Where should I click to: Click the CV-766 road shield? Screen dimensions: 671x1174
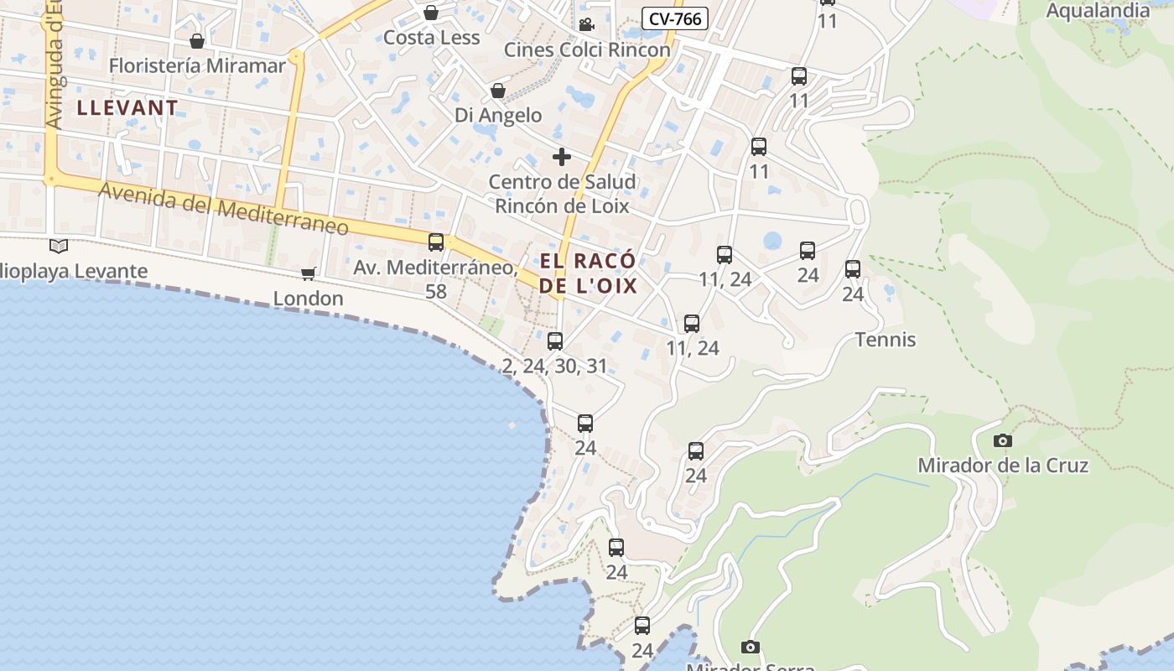(x=675, y=18)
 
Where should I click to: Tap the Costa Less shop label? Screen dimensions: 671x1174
(x=431, y=38)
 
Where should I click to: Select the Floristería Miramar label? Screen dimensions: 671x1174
(x=197, y=65)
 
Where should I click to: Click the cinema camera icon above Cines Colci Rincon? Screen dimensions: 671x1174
(x=586, y=24)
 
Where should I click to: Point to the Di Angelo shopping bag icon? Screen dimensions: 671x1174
(x=498, y=91)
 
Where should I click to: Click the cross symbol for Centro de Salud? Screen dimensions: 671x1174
(x=562, y=157)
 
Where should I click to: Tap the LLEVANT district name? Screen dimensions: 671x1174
(x=127, y=107)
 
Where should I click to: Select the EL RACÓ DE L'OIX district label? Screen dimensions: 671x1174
(x=588, y=273)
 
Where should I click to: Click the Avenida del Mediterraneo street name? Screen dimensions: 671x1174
(x=223, y=208)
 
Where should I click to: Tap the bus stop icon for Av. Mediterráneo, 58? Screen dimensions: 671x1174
(x=436, y=242)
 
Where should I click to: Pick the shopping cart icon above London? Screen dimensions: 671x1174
(x=309, y=273)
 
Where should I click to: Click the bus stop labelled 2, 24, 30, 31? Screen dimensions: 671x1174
(x=555, y=341)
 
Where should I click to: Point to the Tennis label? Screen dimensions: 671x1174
(x=886, y=340)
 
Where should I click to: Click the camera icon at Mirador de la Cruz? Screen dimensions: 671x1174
(x=1002, y=440)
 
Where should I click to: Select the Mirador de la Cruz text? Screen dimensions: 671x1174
(x=1003, y=466)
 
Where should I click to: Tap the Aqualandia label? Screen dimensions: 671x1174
(x=1099, y=11)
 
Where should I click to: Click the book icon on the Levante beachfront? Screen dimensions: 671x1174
(x=59, y=246)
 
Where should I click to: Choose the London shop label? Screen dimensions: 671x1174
(x=309, y=299)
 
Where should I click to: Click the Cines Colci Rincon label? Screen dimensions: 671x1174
(x=587, y=49)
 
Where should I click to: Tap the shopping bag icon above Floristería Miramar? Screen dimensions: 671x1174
(x=197, y=41)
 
